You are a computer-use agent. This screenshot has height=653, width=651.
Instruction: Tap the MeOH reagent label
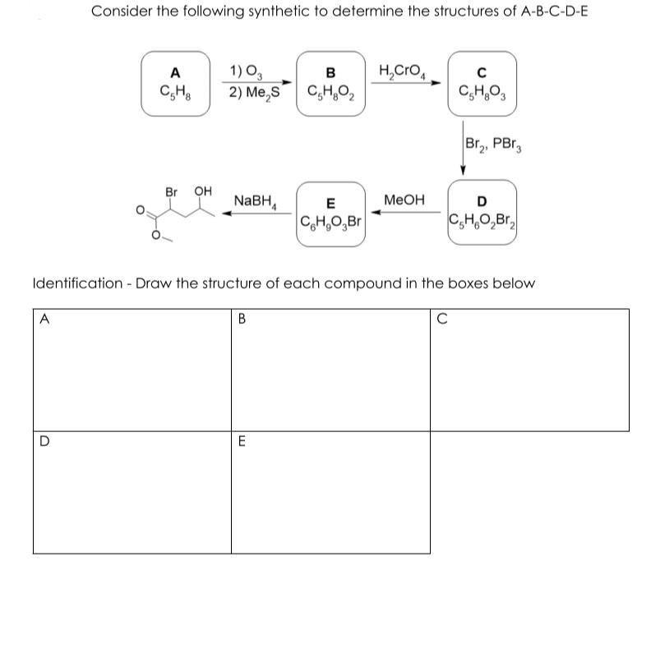coord(404,200)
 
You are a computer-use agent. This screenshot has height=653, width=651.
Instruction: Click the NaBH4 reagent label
coord(256,200)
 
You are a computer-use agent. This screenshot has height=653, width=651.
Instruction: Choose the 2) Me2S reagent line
coord(256,91)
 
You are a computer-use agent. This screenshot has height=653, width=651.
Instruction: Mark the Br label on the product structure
coord(172,192)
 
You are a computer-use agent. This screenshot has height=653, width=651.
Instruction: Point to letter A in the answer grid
coord(41,318)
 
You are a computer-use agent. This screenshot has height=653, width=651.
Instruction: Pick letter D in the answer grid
coord(42,441)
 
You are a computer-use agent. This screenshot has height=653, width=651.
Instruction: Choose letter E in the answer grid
coord(242,441)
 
